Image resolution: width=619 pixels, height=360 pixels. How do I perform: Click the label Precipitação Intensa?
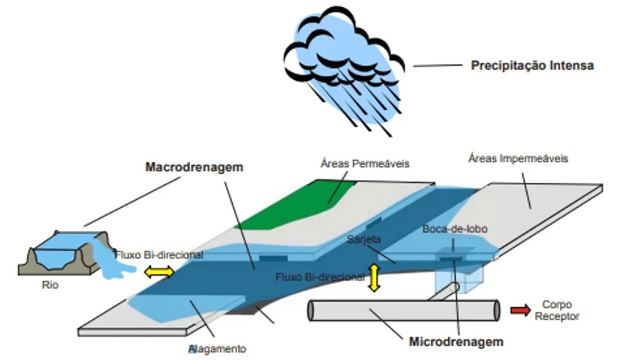point(532,65)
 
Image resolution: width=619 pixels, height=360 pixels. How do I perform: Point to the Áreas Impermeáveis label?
point(519,157)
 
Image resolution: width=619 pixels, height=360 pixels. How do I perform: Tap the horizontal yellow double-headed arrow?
point(159,272)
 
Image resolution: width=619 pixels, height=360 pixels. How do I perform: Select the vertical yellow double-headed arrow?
point(375,277)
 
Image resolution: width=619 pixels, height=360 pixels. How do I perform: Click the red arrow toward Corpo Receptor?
point(520,310)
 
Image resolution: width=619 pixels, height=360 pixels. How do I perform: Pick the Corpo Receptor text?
point(560,310)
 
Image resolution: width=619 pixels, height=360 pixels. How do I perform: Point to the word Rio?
point(50,285)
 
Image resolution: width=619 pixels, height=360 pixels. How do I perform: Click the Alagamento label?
point(218,348)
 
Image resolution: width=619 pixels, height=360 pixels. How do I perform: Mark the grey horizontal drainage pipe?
point(402,310)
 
